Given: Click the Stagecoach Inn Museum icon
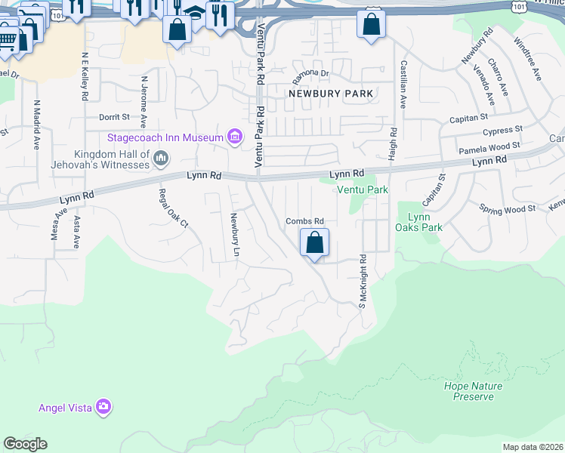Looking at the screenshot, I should [235, 137].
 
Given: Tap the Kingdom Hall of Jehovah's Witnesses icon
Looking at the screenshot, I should [159, 159].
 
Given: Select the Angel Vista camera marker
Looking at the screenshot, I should [103, 408].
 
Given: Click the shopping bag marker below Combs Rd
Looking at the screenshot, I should [315, 244].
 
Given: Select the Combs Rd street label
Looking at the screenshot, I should [304, 221].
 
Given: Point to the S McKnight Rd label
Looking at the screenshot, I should [363, 281].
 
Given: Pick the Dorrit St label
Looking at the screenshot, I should [115, 117].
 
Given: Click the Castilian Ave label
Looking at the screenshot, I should [403, 85].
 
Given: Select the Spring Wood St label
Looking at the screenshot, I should [507, 208].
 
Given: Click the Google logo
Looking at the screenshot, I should [25, 444].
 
